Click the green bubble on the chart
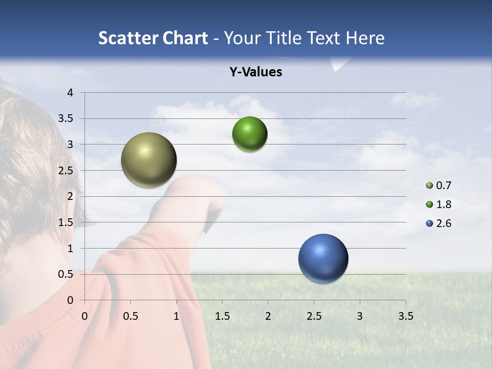click(x=250, y=134)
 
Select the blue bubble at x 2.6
click(x=323, y=258)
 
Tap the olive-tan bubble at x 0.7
click(x=149, y=160)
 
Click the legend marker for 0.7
click(x=429, y=186)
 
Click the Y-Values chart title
click(x=256, y=72)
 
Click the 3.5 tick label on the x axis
click(x=405, y=316)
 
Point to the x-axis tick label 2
click(x=268, y=316)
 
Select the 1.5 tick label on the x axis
click(x=222, y=316)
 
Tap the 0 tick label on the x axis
click(x=85, y=316)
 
